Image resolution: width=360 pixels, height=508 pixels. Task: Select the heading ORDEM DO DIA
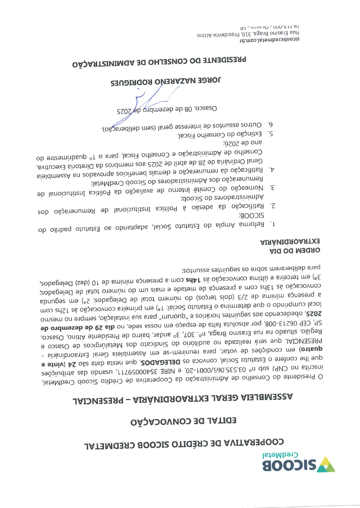click(294, 250)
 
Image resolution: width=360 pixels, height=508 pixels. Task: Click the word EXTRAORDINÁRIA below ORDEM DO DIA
click(290, 241)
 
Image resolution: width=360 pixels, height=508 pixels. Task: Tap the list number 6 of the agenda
click(270, 124)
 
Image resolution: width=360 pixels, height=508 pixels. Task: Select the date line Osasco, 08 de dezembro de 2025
click(167, 109)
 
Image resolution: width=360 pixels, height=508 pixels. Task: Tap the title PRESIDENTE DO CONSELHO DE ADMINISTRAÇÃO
click(159, 62)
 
